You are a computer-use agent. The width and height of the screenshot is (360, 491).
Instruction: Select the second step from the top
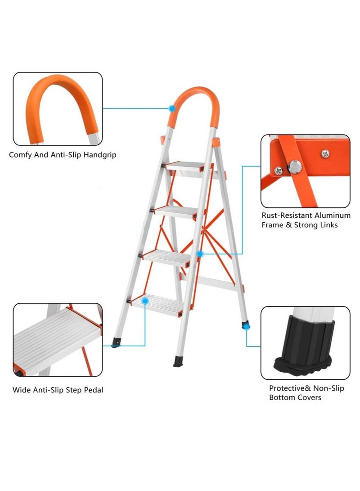point(176,211)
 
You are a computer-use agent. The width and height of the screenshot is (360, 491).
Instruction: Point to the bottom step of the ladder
point(158,302)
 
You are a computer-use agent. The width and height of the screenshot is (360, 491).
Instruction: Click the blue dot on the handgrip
point(172,108)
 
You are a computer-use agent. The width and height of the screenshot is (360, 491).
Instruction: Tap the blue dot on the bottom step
point(145,300)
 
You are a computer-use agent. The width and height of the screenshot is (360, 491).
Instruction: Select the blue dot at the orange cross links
point(200,254)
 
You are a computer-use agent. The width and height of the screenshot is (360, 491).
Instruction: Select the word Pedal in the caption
point(93,390)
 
